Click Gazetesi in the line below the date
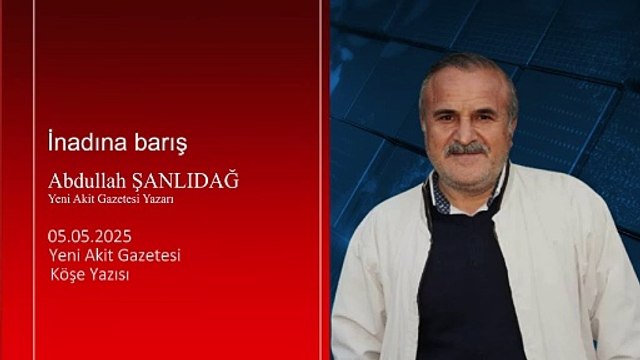pos(150,254)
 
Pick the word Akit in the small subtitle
pos(90,199)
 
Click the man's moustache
pos(466,149)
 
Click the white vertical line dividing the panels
pos(322,180)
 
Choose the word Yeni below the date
pos(64,254)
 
